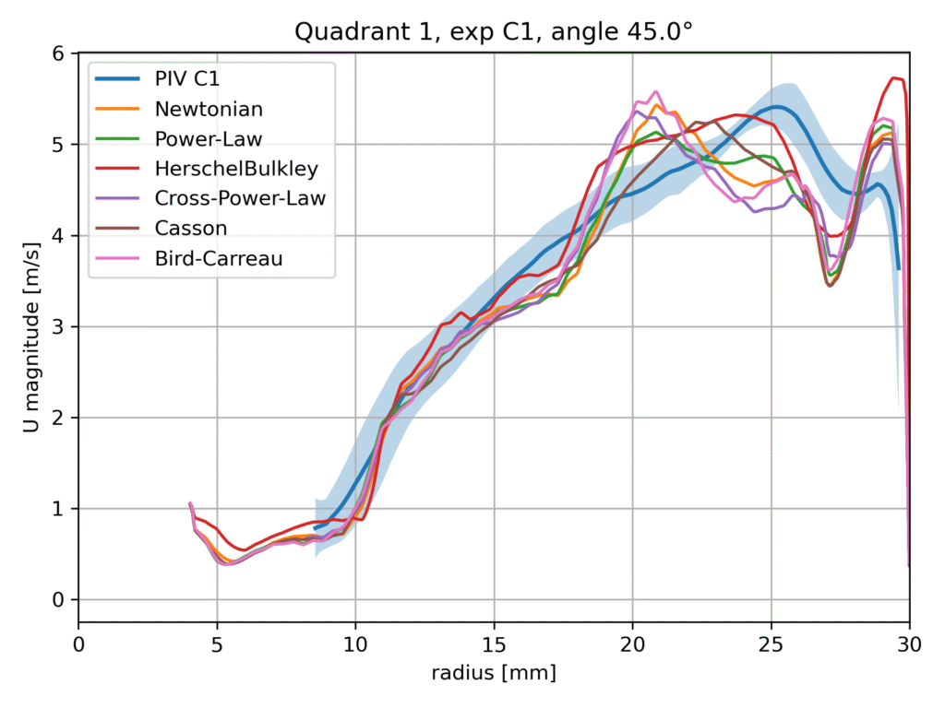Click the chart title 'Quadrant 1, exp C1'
(x=494, y=32)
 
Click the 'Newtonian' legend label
(x=209, y=109)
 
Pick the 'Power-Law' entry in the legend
(x=209, y=139)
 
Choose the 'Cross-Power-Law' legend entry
(x=240, y=199)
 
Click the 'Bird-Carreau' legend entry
(x=219, y=259)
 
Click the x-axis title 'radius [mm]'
(x=494, y=674)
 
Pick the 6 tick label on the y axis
(x=60, y=53)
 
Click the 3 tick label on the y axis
(x=60, y=327)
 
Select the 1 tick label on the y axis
(x=60, y=509)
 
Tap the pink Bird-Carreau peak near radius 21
(x=655, y=91)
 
